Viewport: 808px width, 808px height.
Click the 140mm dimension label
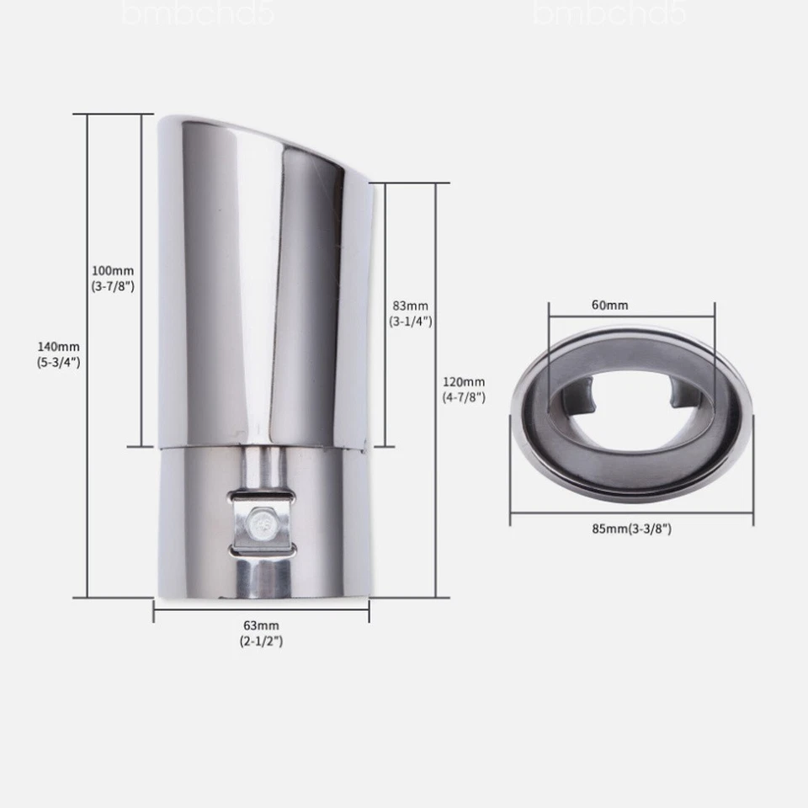58,346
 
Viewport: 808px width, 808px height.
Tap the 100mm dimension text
113,271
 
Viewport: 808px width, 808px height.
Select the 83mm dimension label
409,306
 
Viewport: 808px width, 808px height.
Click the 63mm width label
261,625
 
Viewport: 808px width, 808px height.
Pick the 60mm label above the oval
609,306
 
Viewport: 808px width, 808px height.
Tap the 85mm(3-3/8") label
631,529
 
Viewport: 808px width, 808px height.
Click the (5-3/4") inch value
58,362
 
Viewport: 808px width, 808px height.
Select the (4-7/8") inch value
464,397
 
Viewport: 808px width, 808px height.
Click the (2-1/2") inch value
261,641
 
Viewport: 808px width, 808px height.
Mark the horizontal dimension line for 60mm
631,316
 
